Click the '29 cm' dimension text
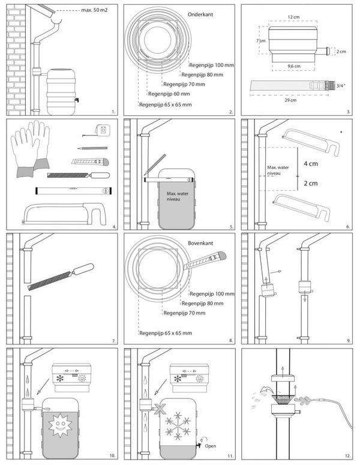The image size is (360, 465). click(x=291, y=100)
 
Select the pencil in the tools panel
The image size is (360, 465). click(x=92, y=148)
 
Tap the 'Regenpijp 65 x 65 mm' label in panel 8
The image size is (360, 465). click(x=164, y=332)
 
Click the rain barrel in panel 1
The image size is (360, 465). click(x=60, y=92)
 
